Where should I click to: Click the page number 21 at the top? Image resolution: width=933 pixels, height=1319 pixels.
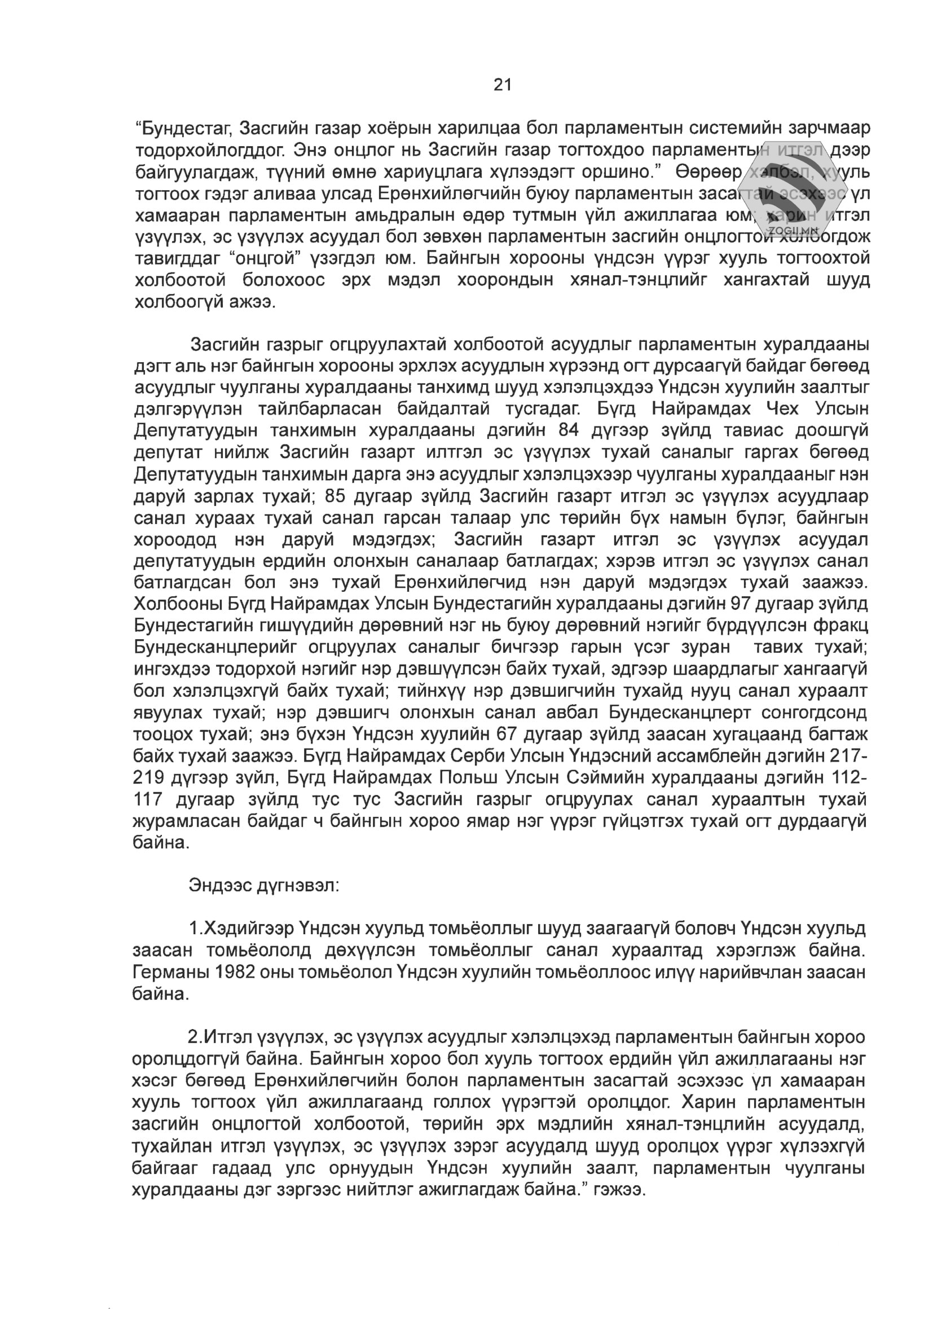[x=502, y=85]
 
